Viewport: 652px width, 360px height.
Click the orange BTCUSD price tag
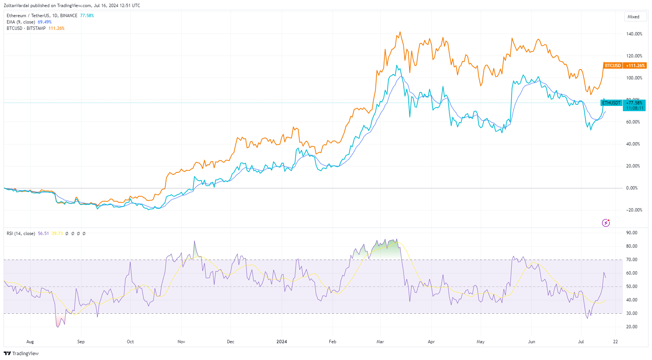pos(612,65)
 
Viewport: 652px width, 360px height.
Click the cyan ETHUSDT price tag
pos(611,103)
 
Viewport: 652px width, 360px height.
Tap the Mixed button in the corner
pos(633,17)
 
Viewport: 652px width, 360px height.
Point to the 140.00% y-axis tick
pos(634,34)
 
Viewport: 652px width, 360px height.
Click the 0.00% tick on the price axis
pos(631,188)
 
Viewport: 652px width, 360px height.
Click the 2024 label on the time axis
pos(281,342)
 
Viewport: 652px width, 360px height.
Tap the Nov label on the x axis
pos(181,342)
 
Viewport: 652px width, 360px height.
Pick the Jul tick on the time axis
pos(581,342)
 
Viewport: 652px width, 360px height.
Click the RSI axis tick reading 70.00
pos(631,260)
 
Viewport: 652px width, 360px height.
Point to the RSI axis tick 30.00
pos(631,313)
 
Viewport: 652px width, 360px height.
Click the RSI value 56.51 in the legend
pos(43,234)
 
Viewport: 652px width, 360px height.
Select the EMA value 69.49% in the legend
pos(44,22)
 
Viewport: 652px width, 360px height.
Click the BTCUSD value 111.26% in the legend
pos(56,28)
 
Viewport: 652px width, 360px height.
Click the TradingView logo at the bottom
pos(21,353)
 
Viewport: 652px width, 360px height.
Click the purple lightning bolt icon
pos(606,223)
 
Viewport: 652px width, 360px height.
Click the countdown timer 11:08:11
pos(634,108)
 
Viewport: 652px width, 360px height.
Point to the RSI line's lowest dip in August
pos(58,327)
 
